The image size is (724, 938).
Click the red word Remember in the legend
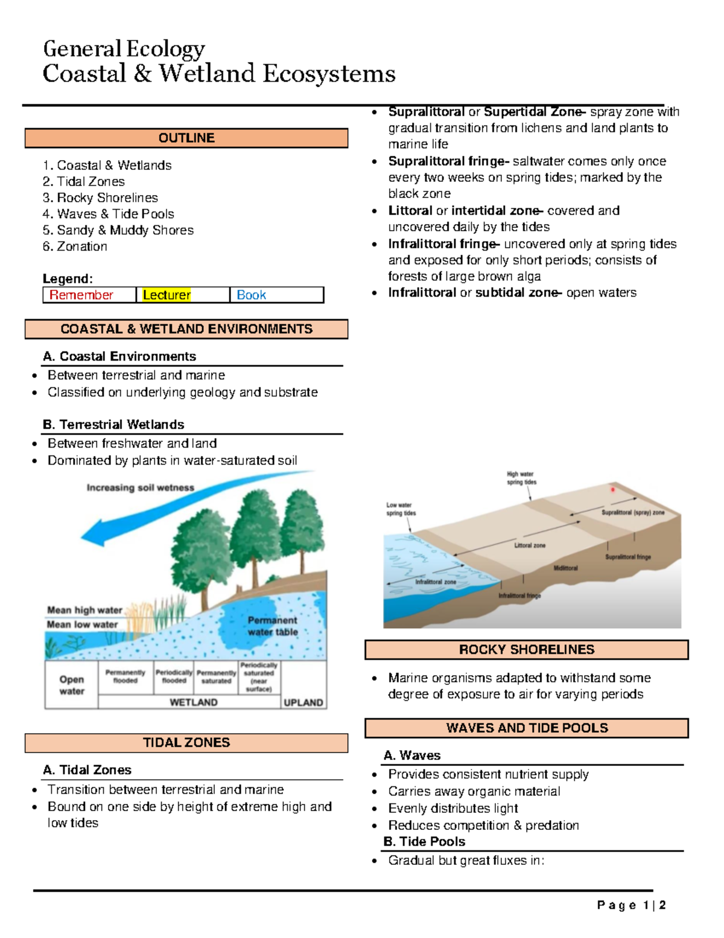[x=81, y=295]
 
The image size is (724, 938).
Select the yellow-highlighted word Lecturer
[x=167, y=295]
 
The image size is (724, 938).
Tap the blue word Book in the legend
[x=251, y=295]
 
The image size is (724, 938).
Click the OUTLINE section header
[x=186, y=138]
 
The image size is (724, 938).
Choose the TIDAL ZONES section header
[x=186, y=742]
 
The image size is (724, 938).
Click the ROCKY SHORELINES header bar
[x=526, y=649]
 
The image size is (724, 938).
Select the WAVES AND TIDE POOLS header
[x=526, y=728]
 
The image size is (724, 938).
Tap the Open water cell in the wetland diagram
[x=71, y=685]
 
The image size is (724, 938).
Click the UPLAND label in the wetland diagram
[x=303, y=702]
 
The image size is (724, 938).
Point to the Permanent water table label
[x=272, y=626]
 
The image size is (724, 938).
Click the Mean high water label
[x=84, y=610]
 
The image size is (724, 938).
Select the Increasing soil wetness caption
[x=140, y=487]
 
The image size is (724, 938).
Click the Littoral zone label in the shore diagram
[x=530, y=545]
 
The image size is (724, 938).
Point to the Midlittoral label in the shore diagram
[x=565, y=568]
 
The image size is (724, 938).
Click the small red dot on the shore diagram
[x=612, y=490]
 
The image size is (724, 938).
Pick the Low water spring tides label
[x=401, y=509]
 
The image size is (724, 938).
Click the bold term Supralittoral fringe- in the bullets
[x=448, y=161]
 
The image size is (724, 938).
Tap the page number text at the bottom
[x=631, y=905]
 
